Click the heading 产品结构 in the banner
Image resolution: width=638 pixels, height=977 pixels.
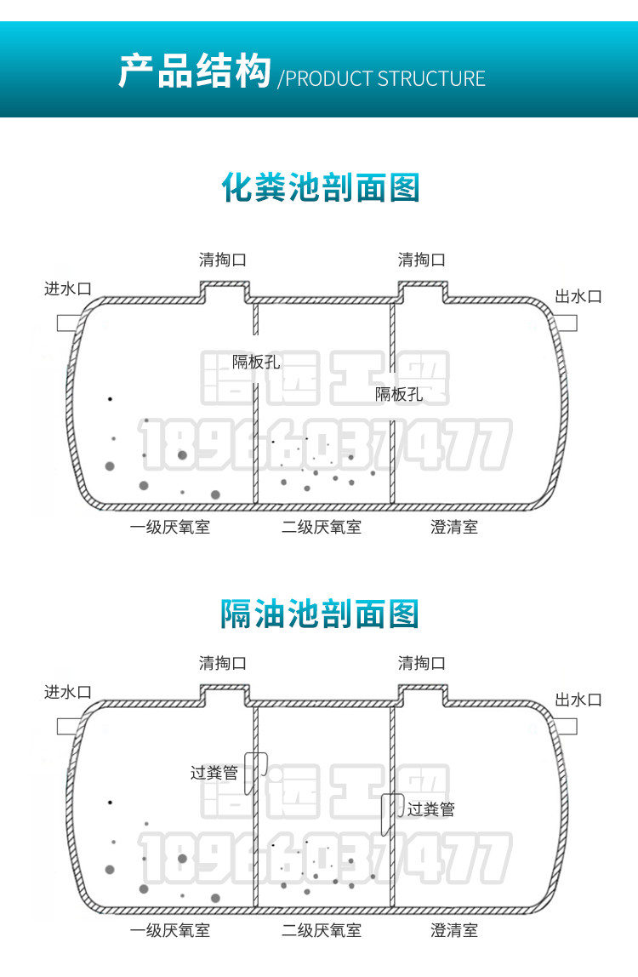194,71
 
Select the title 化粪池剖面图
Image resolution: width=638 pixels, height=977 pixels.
321,187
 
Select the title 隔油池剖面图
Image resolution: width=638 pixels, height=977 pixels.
321,613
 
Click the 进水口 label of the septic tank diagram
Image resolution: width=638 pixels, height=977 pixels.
67,289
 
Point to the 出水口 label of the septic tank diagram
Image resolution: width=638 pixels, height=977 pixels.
578,296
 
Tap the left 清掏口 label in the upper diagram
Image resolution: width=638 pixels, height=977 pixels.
222,260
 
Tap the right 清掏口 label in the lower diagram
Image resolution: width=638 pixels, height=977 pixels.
421,663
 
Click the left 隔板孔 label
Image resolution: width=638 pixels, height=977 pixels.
256,362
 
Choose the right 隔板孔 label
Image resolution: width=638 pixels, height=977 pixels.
399,394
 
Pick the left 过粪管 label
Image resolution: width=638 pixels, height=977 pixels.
214,773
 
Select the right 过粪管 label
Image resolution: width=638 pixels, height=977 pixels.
430,809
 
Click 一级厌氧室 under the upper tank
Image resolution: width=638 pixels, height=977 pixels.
170,528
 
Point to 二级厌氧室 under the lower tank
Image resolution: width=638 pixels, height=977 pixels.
322,931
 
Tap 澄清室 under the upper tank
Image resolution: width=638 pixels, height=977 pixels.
454,528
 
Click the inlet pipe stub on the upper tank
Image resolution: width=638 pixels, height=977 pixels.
69,323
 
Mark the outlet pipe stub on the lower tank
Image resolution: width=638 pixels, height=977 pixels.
567,726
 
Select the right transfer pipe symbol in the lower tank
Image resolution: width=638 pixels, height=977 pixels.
390,813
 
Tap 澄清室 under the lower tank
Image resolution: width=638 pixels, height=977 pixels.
454,931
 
